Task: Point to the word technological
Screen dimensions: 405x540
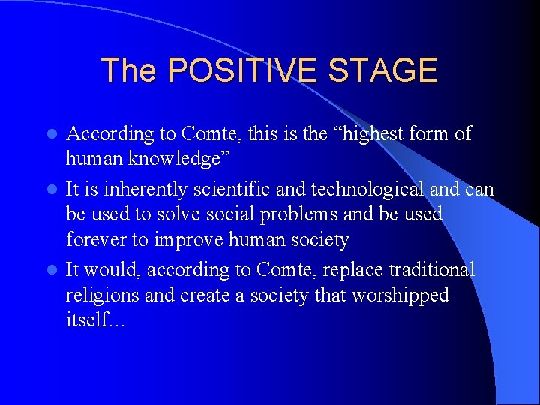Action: coord(352,189)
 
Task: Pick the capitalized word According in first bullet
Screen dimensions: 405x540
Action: coord(109,134)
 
